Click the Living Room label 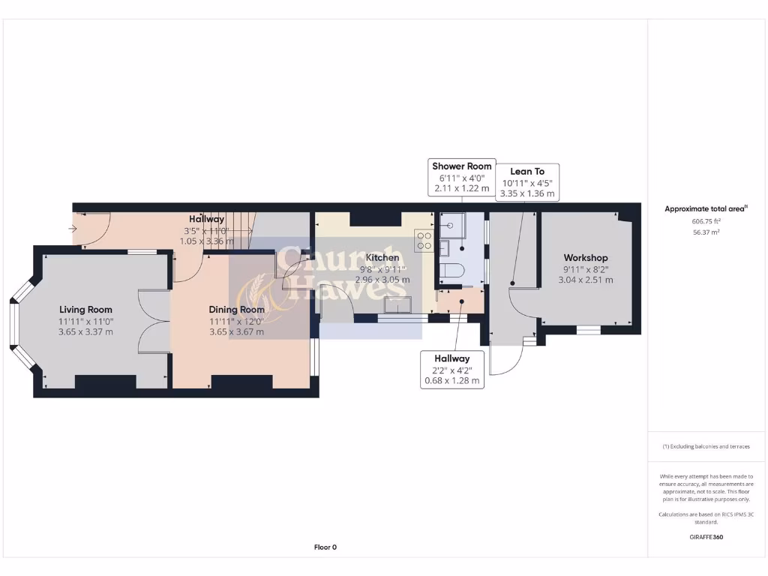tap(85, 309)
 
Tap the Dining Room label tap(236, 309)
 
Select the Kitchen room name tap(382, 258)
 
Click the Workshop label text tap(586, 258)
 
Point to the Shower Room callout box tap(462, 177)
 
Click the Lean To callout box tap(527, 182)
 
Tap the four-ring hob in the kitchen tap(424, 240)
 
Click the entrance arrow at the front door tap(74, 229)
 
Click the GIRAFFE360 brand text tap(706, 537)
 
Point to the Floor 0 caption tap(325, 547)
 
